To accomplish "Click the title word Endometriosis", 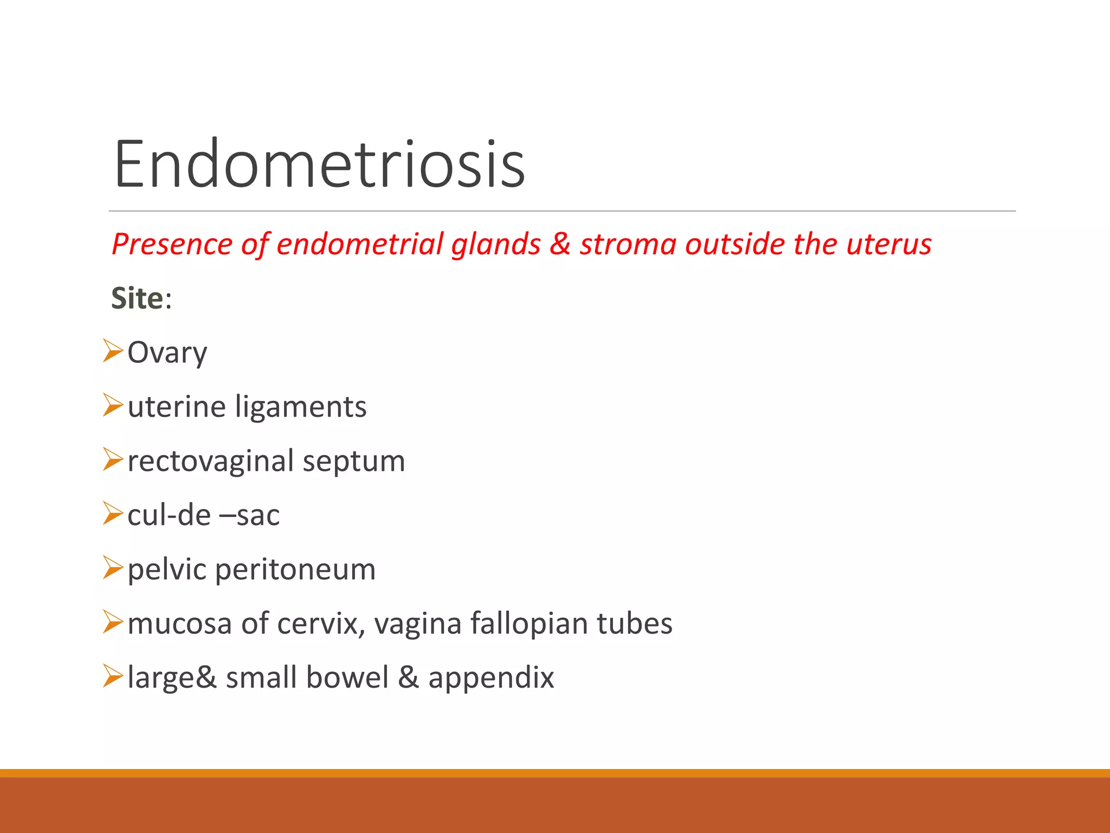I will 319,164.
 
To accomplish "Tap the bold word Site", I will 137,298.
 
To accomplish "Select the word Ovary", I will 167,353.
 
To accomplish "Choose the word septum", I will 353,462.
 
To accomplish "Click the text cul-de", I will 169,515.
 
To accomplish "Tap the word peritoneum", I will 295,570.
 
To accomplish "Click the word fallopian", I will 529,624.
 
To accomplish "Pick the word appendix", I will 491,678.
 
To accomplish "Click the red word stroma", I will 628,244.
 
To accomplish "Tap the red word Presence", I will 172,244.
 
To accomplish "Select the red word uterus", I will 889,244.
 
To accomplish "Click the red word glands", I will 496,244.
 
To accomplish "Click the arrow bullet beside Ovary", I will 113,351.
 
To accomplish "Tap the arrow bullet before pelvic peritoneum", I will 113,568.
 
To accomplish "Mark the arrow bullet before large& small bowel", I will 113,676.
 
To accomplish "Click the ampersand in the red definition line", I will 560,244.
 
